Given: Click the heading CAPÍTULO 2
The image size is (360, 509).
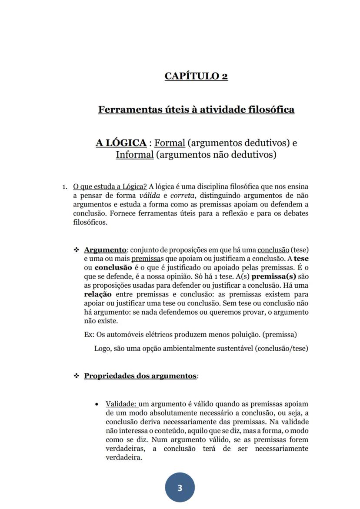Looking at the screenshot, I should point(196,76).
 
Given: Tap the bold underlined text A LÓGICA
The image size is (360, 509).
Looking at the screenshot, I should point(121,143).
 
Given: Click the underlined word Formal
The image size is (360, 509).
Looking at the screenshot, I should point(170,143).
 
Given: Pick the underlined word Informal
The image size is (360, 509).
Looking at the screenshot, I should point(134,155).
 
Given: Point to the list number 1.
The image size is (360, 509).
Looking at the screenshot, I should point(64,187).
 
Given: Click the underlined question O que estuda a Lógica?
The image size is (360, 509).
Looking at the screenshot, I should point(110,186).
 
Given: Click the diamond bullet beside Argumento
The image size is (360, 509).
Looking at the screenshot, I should point(77,250).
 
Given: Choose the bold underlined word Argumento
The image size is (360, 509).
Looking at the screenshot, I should point(105,250).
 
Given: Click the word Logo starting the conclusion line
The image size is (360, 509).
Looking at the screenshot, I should point(102,348).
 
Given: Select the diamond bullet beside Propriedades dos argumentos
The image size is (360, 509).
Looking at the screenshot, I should point(77,376).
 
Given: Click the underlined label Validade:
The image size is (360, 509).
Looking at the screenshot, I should point(122,404).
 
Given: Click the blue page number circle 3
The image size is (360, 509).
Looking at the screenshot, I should point(180,488).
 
